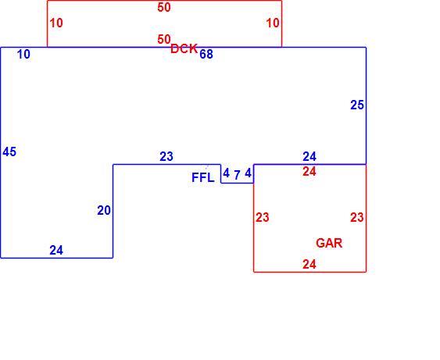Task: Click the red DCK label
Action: [184, 48]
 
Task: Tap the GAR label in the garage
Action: [329, 243]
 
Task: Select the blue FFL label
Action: [203, 177]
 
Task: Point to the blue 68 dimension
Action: [206, 54]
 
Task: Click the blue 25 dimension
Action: [357, 105]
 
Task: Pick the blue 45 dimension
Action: [9, 152]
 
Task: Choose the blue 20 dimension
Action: [104, 211]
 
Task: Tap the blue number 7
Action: [237, 175]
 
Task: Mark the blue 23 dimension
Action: [166, 156]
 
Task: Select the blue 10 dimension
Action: [23, 55]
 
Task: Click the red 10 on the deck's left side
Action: [56, 23]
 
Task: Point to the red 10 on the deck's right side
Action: [273, 23]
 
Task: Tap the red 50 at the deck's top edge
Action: [164, 7]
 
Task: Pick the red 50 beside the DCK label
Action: [164, 40]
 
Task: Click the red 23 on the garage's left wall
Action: [263, 217]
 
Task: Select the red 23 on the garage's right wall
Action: [357, 217]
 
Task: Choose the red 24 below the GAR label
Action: [309, 265]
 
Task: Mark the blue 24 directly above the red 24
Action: [309, 156]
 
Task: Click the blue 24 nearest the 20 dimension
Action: [56, 251]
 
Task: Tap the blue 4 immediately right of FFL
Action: [226, 173]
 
